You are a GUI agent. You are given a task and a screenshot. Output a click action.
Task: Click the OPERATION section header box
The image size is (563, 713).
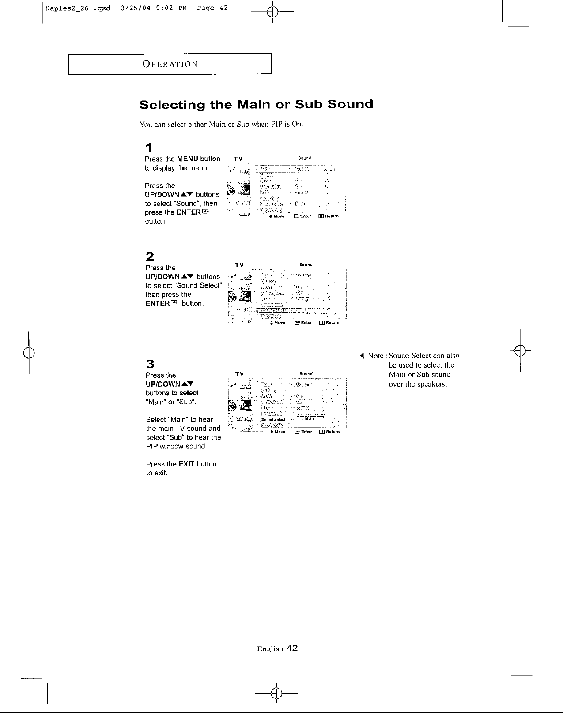(x=170, y=64)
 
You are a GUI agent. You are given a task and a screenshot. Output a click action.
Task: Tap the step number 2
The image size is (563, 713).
(x=150, y=256)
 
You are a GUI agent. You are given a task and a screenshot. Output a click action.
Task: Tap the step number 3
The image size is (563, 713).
(x=150, y=364)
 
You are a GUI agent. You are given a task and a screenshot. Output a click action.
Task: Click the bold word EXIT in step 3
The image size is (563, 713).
(x=187, y=464)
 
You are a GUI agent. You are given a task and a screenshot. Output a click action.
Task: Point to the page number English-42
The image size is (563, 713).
(x=277, y=649)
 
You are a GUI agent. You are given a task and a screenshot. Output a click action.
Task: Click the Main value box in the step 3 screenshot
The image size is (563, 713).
(x=310, y=419)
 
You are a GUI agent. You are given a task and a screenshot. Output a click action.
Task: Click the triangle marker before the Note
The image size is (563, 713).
(x=362, y=356)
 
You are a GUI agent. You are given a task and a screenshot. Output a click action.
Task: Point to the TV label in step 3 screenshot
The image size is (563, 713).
(x=239, y=374)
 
